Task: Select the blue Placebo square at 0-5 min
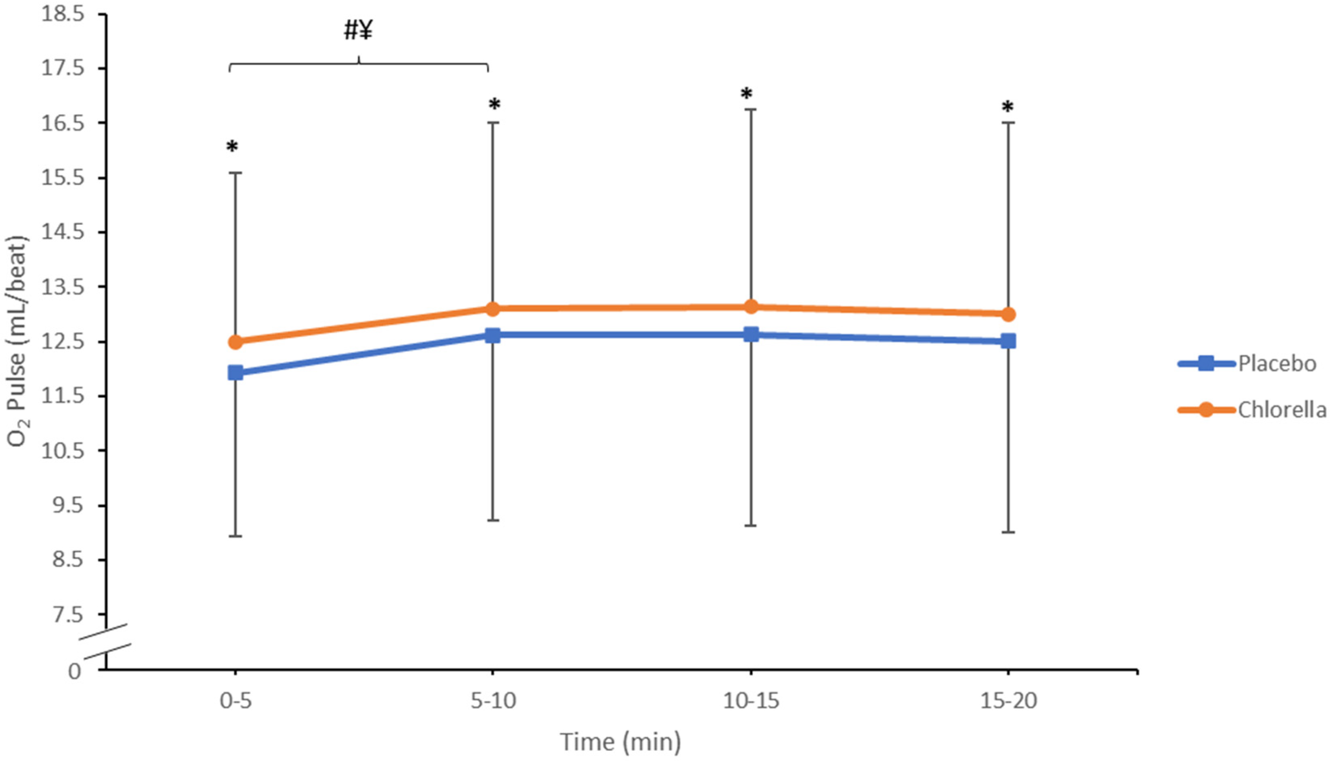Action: [236, 373]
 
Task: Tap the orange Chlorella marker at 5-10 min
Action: [492, 309]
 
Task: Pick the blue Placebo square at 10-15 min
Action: [751, 334]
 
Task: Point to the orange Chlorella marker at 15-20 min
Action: [1008, 314]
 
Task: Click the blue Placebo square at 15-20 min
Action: [1008, 341]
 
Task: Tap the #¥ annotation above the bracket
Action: [358, 31]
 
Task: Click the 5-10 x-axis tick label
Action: [493, 701]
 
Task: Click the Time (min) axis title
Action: [620, 742]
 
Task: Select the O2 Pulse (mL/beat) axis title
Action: [17, 342]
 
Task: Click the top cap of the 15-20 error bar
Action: [1008, 122]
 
